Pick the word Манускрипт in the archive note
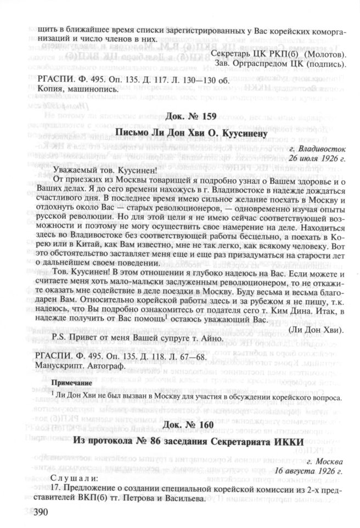(57, 364)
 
